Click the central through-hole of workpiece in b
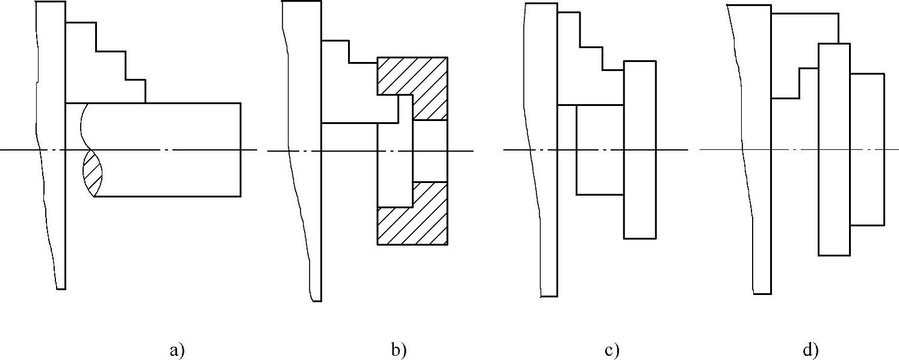point(430,151)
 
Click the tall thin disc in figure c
point(639,151)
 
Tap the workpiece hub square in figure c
point(600,151)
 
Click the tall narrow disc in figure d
point(834,151)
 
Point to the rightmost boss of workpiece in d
point(867,151)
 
